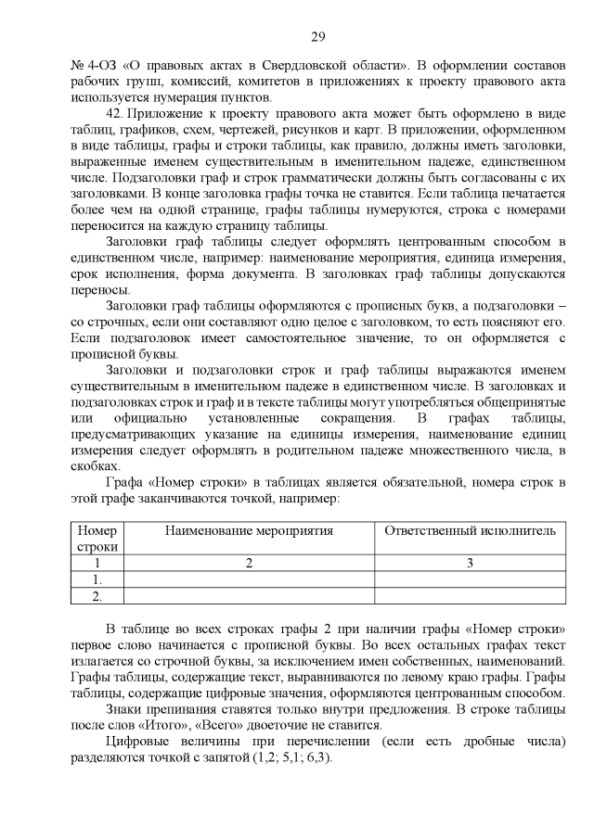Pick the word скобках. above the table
coord(96,466)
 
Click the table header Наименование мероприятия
coord(249,530)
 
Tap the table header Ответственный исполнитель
coord(471,530)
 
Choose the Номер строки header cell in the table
coord(97,538)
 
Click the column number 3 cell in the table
coord(471,563)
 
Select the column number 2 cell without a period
coord(249,563)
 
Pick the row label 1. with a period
coord(97,579)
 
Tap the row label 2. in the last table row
coord(97,596)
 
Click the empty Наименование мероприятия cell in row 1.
coord(249,579)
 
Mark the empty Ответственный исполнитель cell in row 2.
coord(471,596)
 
